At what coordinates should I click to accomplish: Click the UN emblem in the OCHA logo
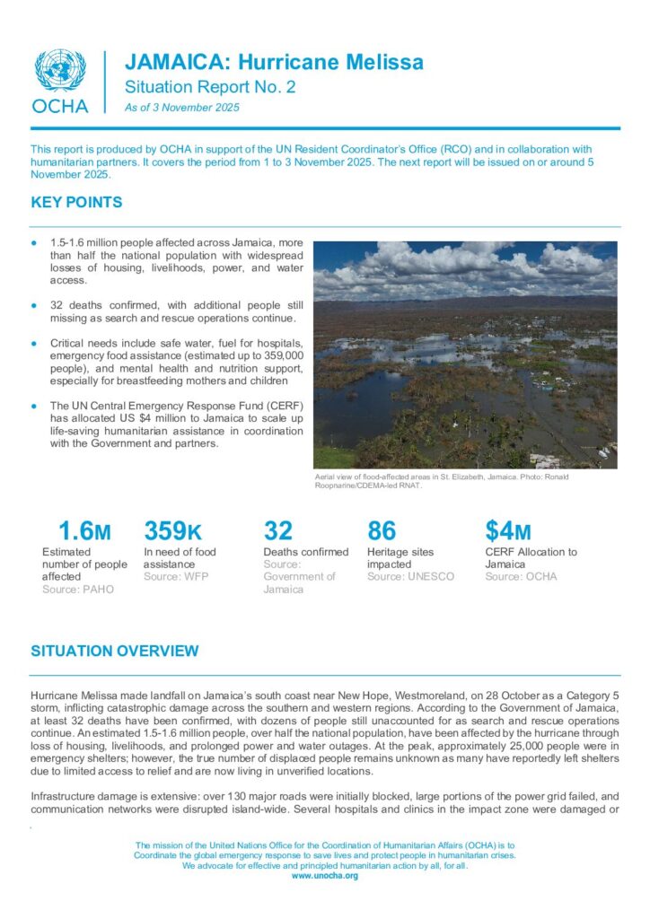point(60,70)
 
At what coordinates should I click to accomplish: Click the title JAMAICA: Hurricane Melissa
point(274,62)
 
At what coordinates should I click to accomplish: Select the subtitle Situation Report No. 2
point(209,87)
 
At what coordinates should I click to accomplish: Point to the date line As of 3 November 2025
point(182,108)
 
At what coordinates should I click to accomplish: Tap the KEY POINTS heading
point(76,203)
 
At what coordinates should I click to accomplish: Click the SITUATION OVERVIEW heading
point(114,651)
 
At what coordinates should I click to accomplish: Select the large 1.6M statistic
point(83,531)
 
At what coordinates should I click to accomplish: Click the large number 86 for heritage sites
point(382,531)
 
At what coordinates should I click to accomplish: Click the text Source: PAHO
point(78,589)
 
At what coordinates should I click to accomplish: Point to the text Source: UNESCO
point(410,576)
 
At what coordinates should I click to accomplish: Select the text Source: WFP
point(176,576)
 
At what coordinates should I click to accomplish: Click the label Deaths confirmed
point(305,552)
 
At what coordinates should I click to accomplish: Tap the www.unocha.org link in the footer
point(324,875)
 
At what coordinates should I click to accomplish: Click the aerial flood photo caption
point(440,482)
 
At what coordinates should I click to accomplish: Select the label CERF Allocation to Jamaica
point(531,558)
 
